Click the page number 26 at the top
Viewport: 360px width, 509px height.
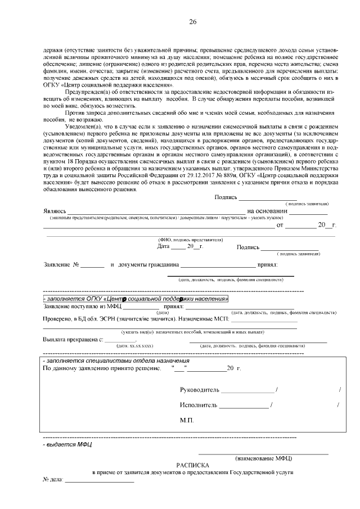tap(192, 22)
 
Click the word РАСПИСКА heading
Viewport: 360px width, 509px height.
tap(192, 466)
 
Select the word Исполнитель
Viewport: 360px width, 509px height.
tap(199, 405)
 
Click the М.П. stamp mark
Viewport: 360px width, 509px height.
tap(187, 420)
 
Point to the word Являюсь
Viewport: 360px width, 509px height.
tap(55, 211)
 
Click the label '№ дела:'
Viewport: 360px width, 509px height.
tap(53, 481)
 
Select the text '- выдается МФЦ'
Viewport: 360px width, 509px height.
tap(60, 444)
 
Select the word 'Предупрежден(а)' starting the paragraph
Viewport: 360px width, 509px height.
tap(85, 92)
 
